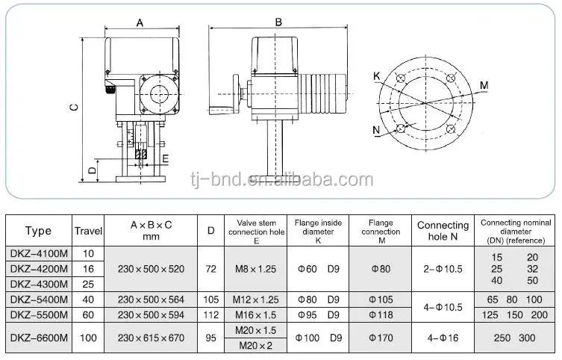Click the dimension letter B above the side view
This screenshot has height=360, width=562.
point(278,22)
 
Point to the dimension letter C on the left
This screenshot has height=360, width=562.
point(74,107)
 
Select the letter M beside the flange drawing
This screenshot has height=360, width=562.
point(484,85)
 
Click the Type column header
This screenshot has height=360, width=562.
point(38,231)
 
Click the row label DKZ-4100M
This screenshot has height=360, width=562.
point(38,253)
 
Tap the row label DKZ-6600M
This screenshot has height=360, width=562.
point(38,338)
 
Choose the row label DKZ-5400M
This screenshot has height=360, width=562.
point(38,299)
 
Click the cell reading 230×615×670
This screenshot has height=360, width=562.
point(151,338)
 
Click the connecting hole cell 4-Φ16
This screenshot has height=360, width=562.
point(443,338)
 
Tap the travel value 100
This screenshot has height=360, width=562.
point(88,338)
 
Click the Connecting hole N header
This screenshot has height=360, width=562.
point(443,231)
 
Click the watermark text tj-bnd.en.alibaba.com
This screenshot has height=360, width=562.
point(282,180)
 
